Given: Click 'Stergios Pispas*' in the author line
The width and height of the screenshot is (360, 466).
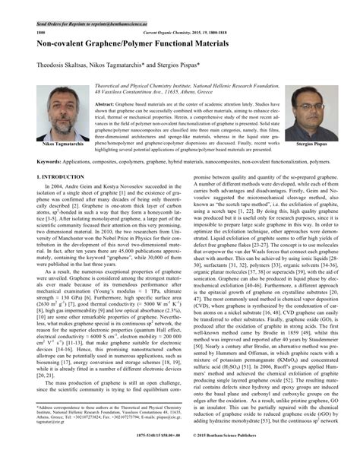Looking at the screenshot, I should point(197,66).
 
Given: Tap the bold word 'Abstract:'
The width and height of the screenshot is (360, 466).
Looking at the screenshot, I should point(106,102).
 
